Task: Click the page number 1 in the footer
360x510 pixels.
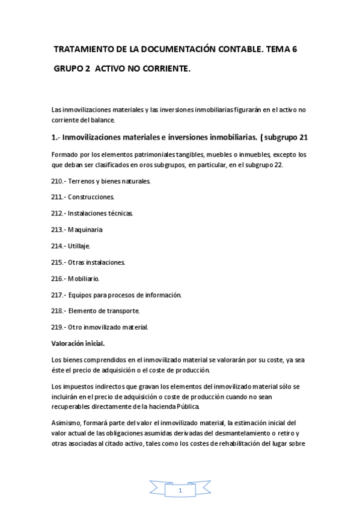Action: point(180,491)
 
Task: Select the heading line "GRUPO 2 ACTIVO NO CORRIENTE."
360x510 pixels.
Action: point(122,70)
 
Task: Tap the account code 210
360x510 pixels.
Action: point(58,180)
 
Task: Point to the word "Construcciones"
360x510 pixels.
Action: point(91,197)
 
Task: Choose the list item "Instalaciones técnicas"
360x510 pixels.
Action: point(100,213)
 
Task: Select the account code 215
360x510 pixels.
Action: point(58,262)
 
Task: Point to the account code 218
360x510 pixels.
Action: point(58,311)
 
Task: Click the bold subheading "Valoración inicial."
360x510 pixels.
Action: point(79,343)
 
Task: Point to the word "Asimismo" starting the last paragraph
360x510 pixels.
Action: point(68,423)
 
